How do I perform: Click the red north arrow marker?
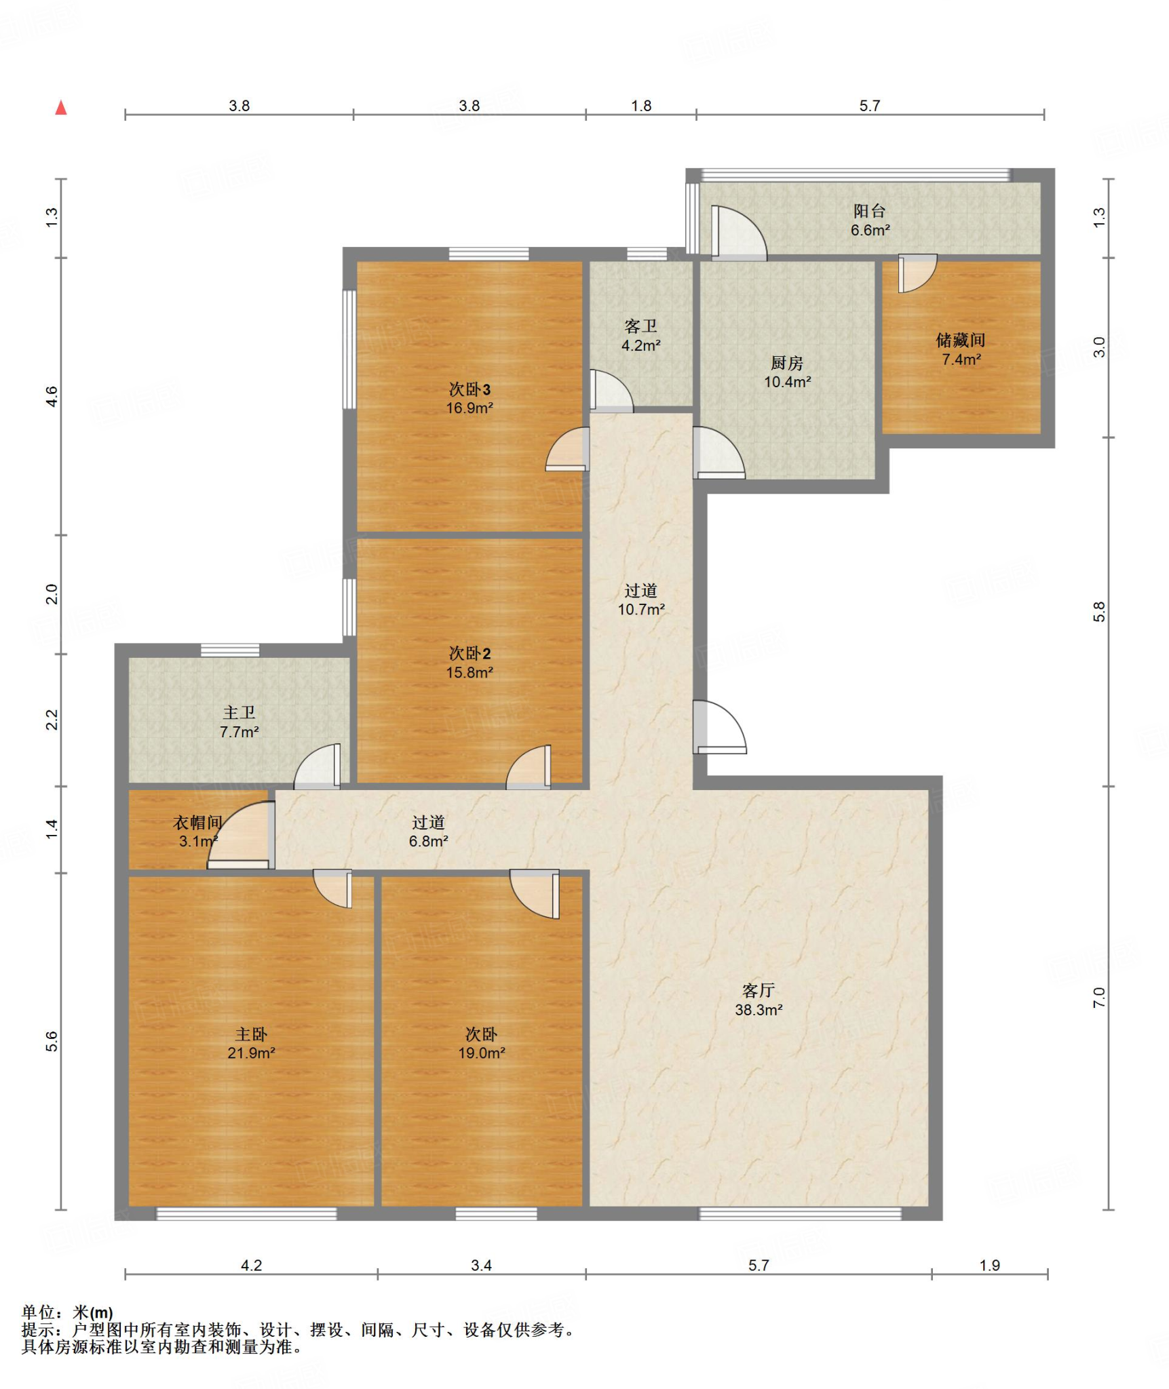point(61,107)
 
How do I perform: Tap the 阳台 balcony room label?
point(870,211)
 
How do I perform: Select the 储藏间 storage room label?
point(961,340)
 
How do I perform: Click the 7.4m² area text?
point(961,359)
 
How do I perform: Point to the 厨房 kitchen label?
point(787,363)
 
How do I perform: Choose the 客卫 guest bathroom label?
point(641,326)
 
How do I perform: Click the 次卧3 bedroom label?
point(469,389)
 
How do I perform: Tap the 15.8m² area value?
point(469,672)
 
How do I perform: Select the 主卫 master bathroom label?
point(239,712)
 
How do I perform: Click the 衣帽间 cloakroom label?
point(197,823)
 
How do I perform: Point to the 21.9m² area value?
point(251,1053)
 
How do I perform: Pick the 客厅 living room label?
point(759,991)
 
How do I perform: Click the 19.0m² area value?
point(481,1053)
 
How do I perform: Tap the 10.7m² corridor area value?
point(641,609)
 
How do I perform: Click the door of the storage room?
point(917,273)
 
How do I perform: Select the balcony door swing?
point(739,233)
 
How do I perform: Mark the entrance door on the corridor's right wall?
point(720,726)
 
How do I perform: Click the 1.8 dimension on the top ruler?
point(641,106)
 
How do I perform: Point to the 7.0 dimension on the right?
point(1099,997)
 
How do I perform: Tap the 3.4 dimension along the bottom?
point(481,1265)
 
